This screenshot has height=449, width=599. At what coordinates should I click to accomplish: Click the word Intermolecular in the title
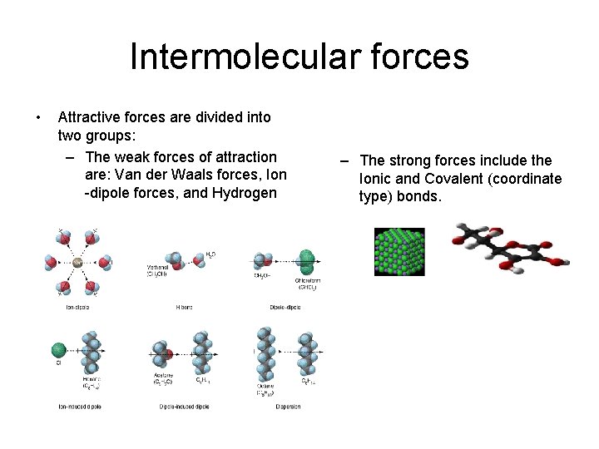(235, 57)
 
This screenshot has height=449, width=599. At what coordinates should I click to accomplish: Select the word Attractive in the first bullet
(89, 117)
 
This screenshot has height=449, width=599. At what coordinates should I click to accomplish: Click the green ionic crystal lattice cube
(399, 252)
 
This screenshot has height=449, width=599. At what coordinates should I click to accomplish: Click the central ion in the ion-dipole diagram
(77, 262)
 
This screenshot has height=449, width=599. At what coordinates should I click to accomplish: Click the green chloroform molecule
(307, 260)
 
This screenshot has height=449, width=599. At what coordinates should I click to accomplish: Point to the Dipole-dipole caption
(285, 307)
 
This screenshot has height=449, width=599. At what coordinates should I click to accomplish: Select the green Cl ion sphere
(58, 349)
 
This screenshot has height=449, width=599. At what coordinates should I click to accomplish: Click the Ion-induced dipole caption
(80, 407)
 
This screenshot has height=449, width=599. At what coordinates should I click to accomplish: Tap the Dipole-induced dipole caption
(184, 407)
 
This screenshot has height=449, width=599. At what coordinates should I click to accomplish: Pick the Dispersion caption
(286, 407)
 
